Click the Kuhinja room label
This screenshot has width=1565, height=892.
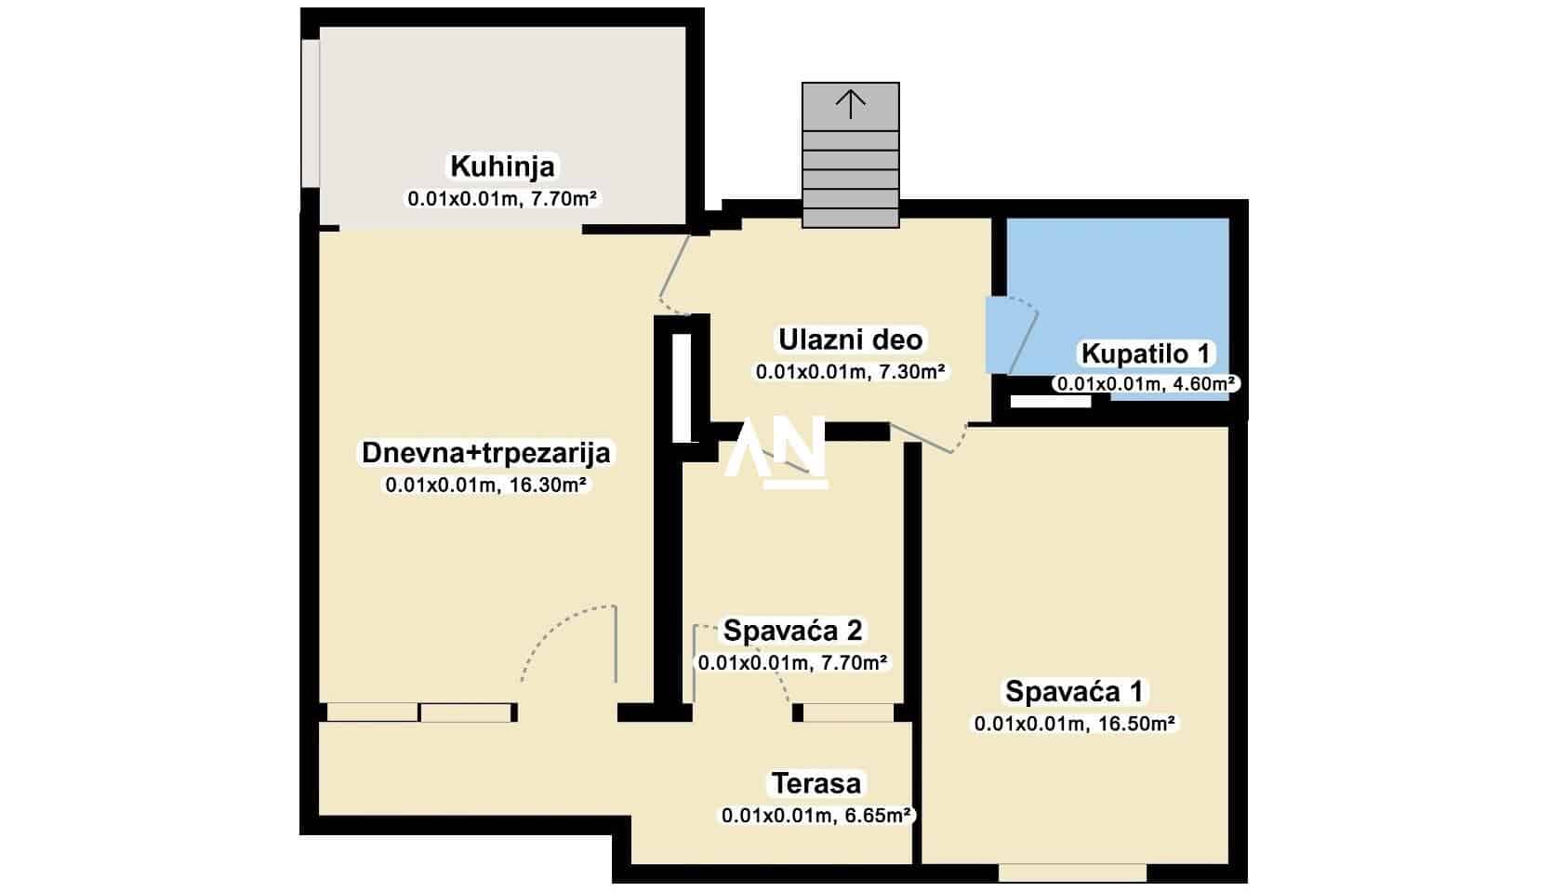(x=502, y=166)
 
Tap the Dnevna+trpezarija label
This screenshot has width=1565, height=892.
(x=486, y=453)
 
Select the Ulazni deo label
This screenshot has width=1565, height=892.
(x=850, y=339)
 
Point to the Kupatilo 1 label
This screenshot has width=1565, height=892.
(x=1145, y=353)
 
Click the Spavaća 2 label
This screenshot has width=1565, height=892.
(x=792, y=631)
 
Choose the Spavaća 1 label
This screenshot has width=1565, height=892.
(x=1074, y=691)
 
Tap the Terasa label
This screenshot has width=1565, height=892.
(x=816, y=784)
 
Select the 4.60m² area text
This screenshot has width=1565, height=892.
(x=1201, y=383)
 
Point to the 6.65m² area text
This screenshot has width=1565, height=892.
(x=878, y=815)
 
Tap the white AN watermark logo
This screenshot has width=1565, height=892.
(x=776, y=452)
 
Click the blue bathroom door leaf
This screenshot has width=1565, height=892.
(x=1011, y=335)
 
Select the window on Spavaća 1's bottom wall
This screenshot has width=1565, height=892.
(x=1072, y=872)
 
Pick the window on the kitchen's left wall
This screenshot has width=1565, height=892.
(x=311, y=113)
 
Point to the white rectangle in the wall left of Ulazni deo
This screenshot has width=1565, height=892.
(x=682, y=388)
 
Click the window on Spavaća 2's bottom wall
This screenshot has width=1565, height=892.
(x=847, y=712)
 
